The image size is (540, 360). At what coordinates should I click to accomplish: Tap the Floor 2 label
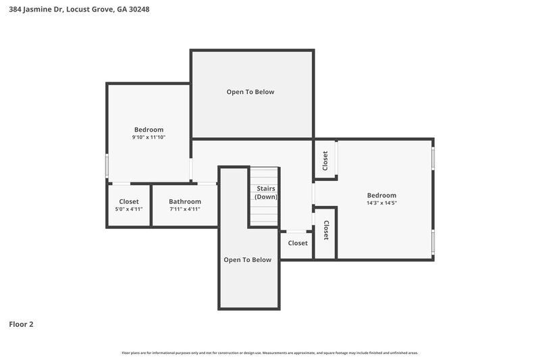[21, 324]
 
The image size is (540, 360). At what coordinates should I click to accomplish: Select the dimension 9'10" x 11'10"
[148, 137]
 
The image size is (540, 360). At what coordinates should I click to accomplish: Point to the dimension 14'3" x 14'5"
[381, 203]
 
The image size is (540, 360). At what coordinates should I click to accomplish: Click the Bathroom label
[185, 201]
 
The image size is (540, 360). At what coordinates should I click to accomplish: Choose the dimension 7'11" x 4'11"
[185, 209]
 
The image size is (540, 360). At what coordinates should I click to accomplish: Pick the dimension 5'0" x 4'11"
[129, 209]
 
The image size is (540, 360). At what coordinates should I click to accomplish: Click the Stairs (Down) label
[265, 192]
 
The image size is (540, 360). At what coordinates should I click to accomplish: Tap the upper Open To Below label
[250, 92]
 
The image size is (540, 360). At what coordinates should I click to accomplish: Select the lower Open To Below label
[248, 259]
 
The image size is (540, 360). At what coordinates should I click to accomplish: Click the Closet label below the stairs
[298, 243]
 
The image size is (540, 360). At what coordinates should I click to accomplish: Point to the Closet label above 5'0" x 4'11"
[129, 201]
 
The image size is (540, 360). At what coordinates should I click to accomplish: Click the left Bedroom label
[148, 130]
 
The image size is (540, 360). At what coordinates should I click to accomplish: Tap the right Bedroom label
[381, 195]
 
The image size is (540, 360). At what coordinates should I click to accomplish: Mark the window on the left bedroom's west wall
[107, 165]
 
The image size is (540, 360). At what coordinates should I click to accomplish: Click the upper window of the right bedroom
[433, 157]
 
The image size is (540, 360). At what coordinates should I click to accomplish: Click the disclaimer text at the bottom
[270, 353]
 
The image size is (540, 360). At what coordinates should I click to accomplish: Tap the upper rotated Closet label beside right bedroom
[325, 160]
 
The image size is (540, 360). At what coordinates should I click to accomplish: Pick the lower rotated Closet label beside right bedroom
[326, 231]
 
